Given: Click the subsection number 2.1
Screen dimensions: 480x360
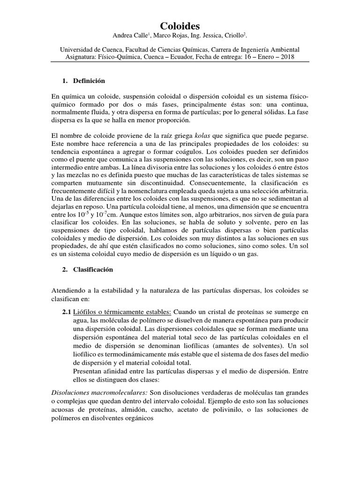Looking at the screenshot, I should pyautogui.click(x=67, y=312).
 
